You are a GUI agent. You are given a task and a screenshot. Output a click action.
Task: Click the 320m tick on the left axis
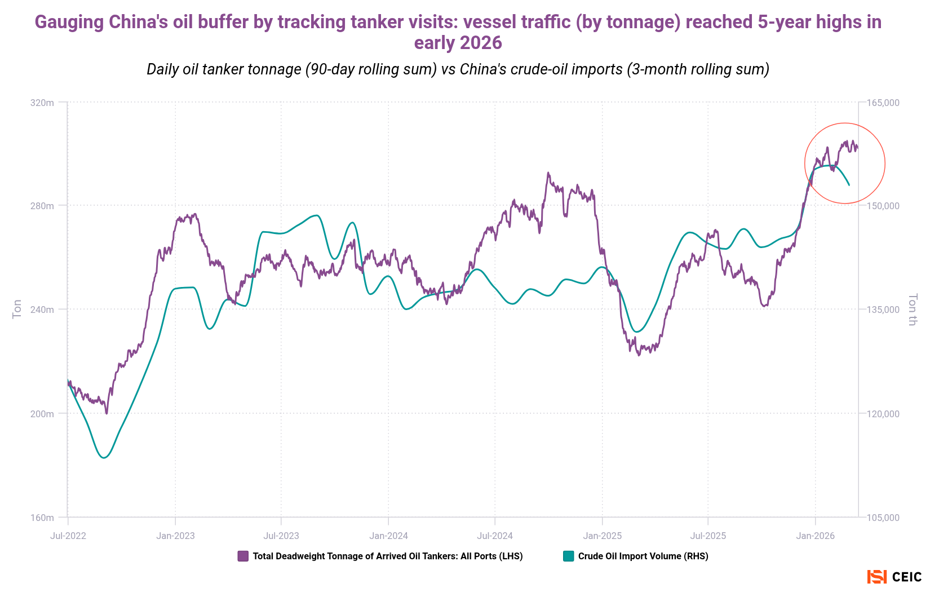pos(42,103)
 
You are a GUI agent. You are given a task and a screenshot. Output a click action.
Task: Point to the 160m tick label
pos(42,518)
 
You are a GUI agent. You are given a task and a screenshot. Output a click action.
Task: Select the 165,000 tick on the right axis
pos(883,103)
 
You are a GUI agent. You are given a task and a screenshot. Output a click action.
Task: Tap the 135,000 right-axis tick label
pos(883,310)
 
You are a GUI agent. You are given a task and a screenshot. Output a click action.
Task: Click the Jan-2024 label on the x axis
pos(388,536)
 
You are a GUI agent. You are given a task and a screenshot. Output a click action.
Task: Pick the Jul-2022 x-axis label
pos(68,536)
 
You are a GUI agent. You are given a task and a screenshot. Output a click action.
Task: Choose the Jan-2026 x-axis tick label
pos(815,536)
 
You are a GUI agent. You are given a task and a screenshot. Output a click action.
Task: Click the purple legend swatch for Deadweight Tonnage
pos(243,556)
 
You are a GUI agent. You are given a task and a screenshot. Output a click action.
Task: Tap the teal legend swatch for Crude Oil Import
pos(568,556)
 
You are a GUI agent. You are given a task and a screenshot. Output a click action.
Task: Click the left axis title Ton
pos(17,309)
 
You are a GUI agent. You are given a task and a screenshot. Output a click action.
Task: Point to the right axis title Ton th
pos(913,309)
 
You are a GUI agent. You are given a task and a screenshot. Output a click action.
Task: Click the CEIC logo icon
pos(877,577)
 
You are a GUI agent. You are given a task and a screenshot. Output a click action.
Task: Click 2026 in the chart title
pos(480,43)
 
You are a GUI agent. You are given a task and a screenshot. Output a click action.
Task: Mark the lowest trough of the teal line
pos(103,458)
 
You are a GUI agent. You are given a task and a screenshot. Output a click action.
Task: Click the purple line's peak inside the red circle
pos(847,141)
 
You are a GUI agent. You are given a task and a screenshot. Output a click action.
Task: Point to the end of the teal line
pos(849,185)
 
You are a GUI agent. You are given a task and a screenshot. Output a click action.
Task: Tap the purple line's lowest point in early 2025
pos(639,355)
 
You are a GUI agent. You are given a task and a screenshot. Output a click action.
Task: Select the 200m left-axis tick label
pos(42,414)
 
